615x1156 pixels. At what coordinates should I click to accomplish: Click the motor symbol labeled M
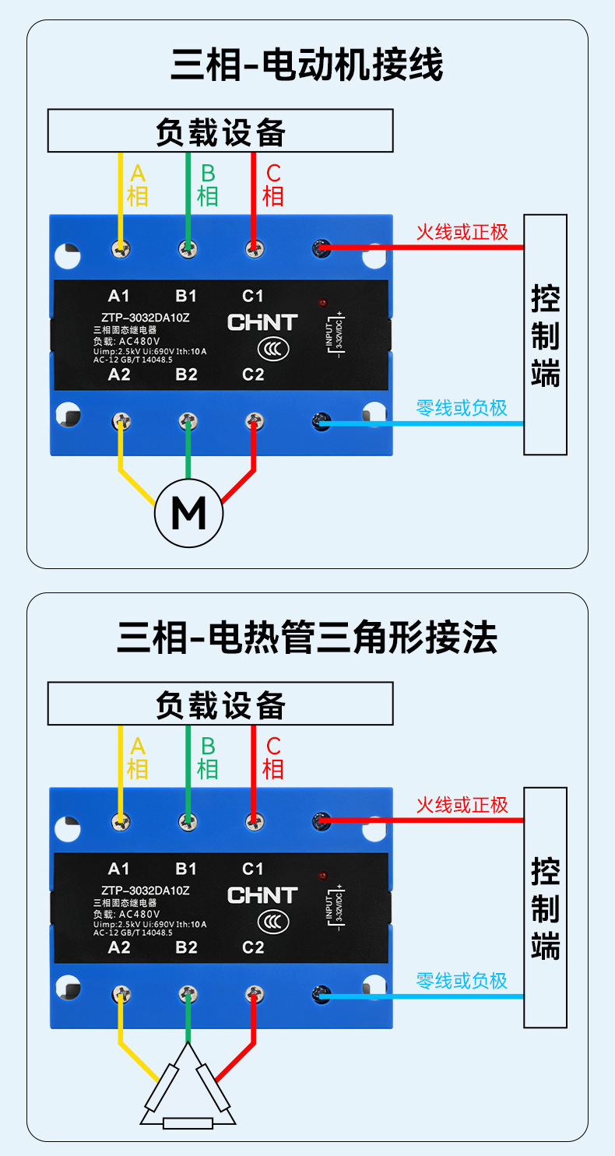188,514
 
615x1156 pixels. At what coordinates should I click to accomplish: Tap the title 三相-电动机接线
307,65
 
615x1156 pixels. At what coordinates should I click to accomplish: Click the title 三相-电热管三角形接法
307,638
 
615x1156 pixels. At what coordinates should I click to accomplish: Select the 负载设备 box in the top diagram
220,131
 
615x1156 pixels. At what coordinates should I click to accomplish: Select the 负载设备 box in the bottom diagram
220,704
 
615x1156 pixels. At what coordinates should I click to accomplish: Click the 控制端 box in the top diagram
545,335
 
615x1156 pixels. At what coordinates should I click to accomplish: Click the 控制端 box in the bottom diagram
545,908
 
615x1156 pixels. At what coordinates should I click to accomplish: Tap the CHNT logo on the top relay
262,322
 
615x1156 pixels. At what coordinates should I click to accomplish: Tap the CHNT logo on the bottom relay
262,895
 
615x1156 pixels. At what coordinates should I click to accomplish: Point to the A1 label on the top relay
118,296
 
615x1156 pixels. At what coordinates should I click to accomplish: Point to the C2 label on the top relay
253,374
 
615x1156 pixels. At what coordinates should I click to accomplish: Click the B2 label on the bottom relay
186,947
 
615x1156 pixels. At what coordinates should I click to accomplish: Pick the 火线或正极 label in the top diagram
462,231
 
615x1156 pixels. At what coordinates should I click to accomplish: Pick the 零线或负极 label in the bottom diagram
462,980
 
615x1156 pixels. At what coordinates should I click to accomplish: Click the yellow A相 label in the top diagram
138,184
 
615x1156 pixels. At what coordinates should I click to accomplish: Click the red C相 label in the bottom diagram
273,757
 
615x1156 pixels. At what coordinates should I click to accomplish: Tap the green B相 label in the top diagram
207,184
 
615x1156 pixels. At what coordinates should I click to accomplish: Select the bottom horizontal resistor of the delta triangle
188,1123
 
